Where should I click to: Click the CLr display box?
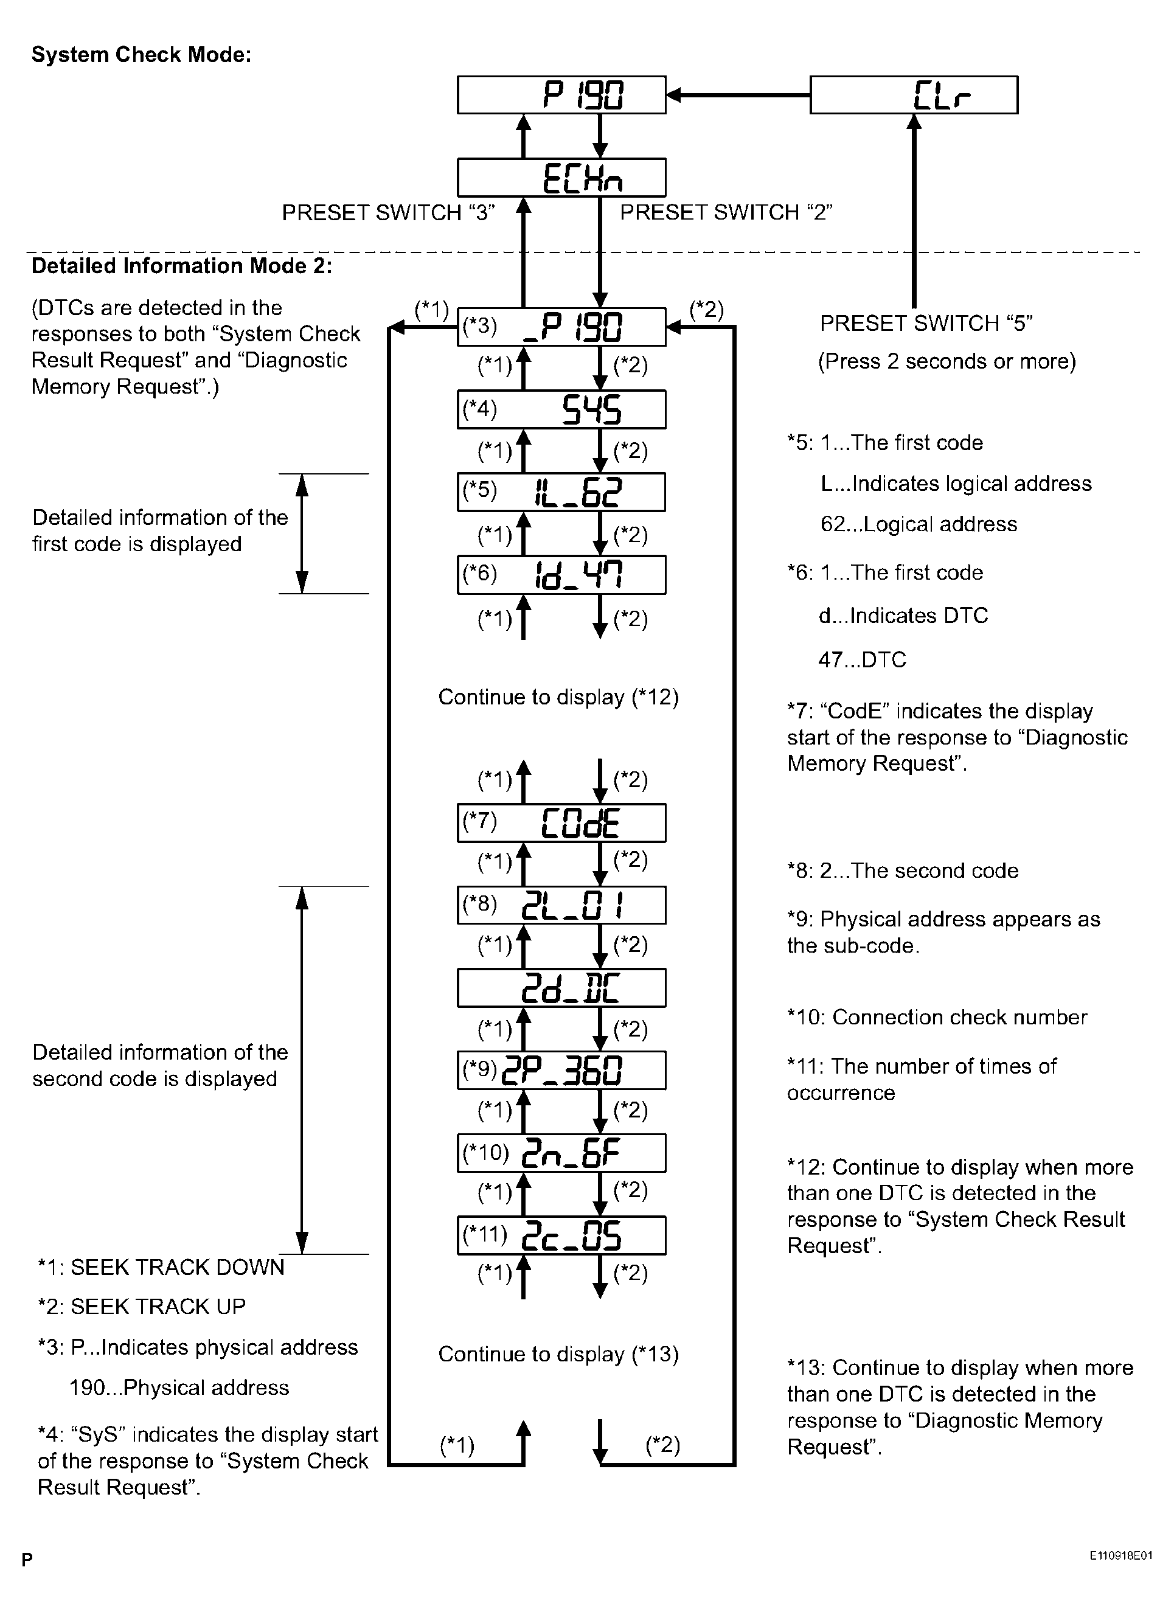[x=914, y=94]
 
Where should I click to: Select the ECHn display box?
[x=561, y=177]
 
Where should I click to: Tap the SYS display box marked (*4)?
[x=561, y=409]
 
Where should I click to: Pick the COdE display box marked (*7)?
[x=561, y=823]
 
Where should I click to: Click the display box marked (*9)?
[x=561, y=1071]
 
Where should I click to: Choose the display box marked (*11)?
[x=561, y=1235]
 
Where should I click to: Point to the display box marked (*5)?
[x=561, y=492]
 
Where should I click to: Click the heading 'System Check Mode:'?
[x=141, y=55]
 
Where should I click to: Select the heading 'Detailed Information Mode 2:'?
[x=182, y=266]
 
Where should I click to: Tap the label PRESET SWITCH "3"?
[x=388, y=212]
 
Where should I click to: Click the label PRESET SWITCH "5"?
[x=926, y=324]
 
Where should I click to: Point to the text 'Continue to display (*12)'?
[x=558, y=697]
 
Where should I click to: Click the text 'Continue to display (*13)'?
[x=558, y=1354]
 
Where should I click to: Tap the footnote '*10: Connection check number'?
[x=937, y=1017]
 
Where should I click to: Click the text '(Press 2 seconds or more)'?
[x=946, y=361]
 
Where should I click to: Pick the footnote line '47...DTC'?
[x=862, y=659]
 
